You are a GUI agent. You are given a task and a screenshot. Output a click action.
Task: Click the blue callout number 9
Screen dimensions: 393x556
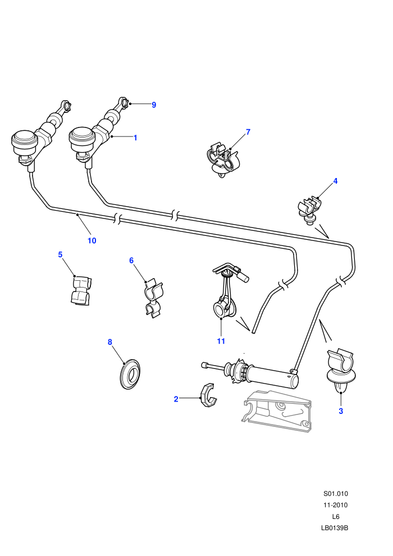[154, 104]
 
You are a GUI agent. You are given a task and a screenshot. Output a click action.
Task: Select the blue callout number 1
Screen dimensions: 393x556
[135, 138]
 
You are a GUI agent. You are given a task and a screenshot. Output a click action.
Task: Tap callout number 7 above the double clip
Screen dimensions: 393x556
[248, 132]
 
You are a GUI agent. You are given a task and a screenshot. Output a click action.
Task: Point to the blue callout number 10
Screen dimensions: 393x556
[92, 240]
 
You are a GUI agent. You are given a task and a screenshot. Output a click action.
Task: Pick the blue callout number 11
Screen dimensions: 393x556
[221, 341]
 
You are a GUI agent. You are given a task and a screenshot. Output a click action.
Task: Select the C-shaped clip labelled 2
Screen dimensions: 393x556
[208, 396]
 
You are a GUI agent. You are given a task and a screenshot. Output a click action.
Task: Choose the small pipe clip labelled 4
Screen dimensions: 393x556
[310, 209]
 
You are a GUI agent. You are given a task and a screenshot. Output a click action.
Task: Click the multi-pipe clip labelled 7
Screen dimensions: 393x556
[223, 160]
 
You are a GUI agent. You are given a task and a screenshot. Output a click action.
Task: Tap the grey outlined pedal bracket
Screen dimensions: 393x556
[277, 411]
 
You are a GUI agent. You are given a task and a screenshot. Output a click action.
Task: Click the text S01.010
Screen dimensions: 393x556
[336, 494]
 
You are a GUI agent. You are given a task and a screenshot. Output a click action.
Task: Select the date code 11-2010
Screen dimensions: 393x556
[336, 505]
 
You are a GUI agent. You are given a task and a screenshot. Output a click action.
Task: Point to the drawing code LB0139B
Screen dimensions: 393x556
[335, 528]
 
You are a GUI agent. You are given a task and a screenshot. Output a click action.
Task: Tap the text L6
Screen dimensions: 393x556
[336, 517]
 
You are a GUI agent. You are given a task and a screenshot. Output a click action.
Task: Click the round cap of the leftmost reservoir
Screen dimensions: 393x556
[24, 138]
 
